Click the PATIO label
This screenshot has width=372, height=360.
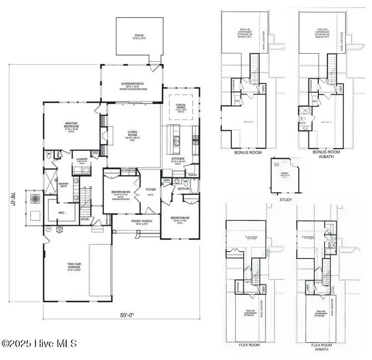[x=139, y=36]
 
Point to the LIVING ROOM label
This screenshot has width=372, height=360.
[x=132, y=133]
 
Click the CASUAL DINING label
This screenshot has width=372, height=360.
[x=181, y=105]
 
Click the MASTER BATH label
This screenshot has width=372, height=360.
[x=64, y=184]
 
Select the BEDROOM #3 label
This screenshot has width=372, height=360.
[x=121, y=192]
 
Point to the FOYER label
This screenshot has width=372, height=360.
[x=151, y=189]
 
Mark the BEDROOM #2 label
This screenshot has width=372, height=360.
[x=180, y=218]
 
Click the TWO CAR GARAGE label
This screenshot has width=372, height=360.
[x=74, y=266]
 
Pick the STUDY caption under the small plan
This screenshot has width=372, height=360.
[x=285, y=199]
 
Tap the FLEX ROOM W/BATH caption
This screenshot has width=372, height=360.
[x=324, y=346]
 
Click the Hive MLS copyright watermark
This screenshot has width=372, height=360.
[x=39, y=344]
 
